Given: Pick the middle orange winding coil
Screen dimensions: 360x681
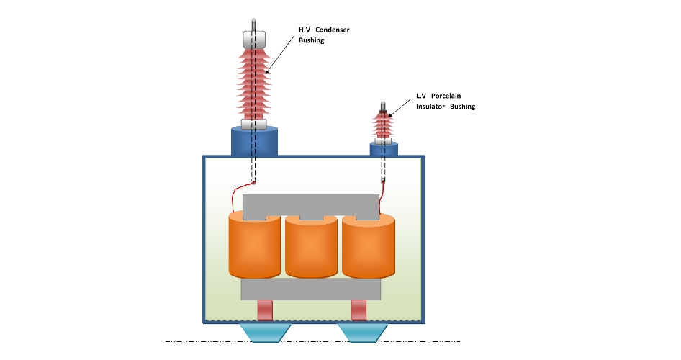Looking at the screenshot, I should click(x=311, y=247).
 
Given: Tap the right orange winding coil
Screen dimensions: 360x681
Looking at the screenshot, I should click(x=368, y=247).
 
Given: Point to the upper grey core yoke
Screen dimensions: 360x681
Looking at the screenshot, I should click(x=311, y=204).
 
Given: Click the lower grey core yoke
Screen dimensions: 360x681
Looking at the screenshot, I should click(x=310, y=288).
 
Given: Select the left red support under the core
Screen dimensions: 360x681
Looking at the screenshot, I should click(x=266, y=310).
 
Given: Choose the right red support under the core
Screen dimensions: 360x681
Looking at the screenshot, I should click(x=358, y=310).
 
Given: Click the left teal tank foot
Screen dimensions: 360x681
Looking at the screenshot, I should click(x=264, y=333).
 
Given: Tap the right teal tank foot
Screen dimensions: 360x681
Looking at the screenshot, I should click(x=362, y=333).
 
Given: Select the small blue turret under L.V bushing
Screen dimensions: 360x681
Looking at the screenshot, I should click(x=384, y=149).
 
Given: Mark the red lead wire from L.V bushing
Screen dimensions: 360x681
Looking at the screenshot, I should click(x=379, y=200).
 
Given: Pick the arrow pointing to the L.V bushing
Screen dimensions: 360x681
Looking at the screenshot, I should click(x=400, y=107).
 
